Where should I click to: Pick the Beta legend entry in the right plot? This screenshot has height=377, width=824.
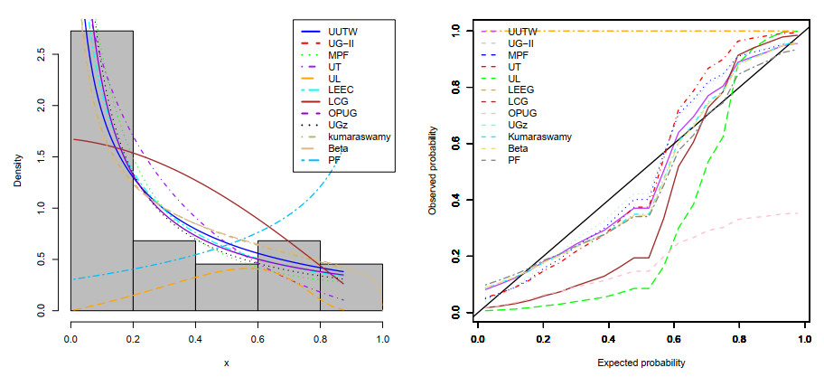pyautogui.click(x=519, y=147)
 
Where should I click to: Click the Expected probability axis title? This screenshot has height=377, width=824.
pyautogui.click(x=640, y=362)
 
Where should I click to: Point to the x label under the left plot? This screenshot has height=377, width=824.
pyautogui.click(x=226, y=362)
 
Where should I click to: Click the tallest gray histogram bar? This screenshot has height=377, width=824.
pyautogui.click(x=102, y=172)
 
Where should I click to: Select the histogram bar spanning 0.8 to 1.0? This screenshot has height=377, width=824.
pyautogui.click(x=351, y=287)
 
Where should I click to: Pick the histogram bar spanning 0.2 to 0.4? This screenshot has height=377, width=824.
pyautogui.click(x=164, y=276)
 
